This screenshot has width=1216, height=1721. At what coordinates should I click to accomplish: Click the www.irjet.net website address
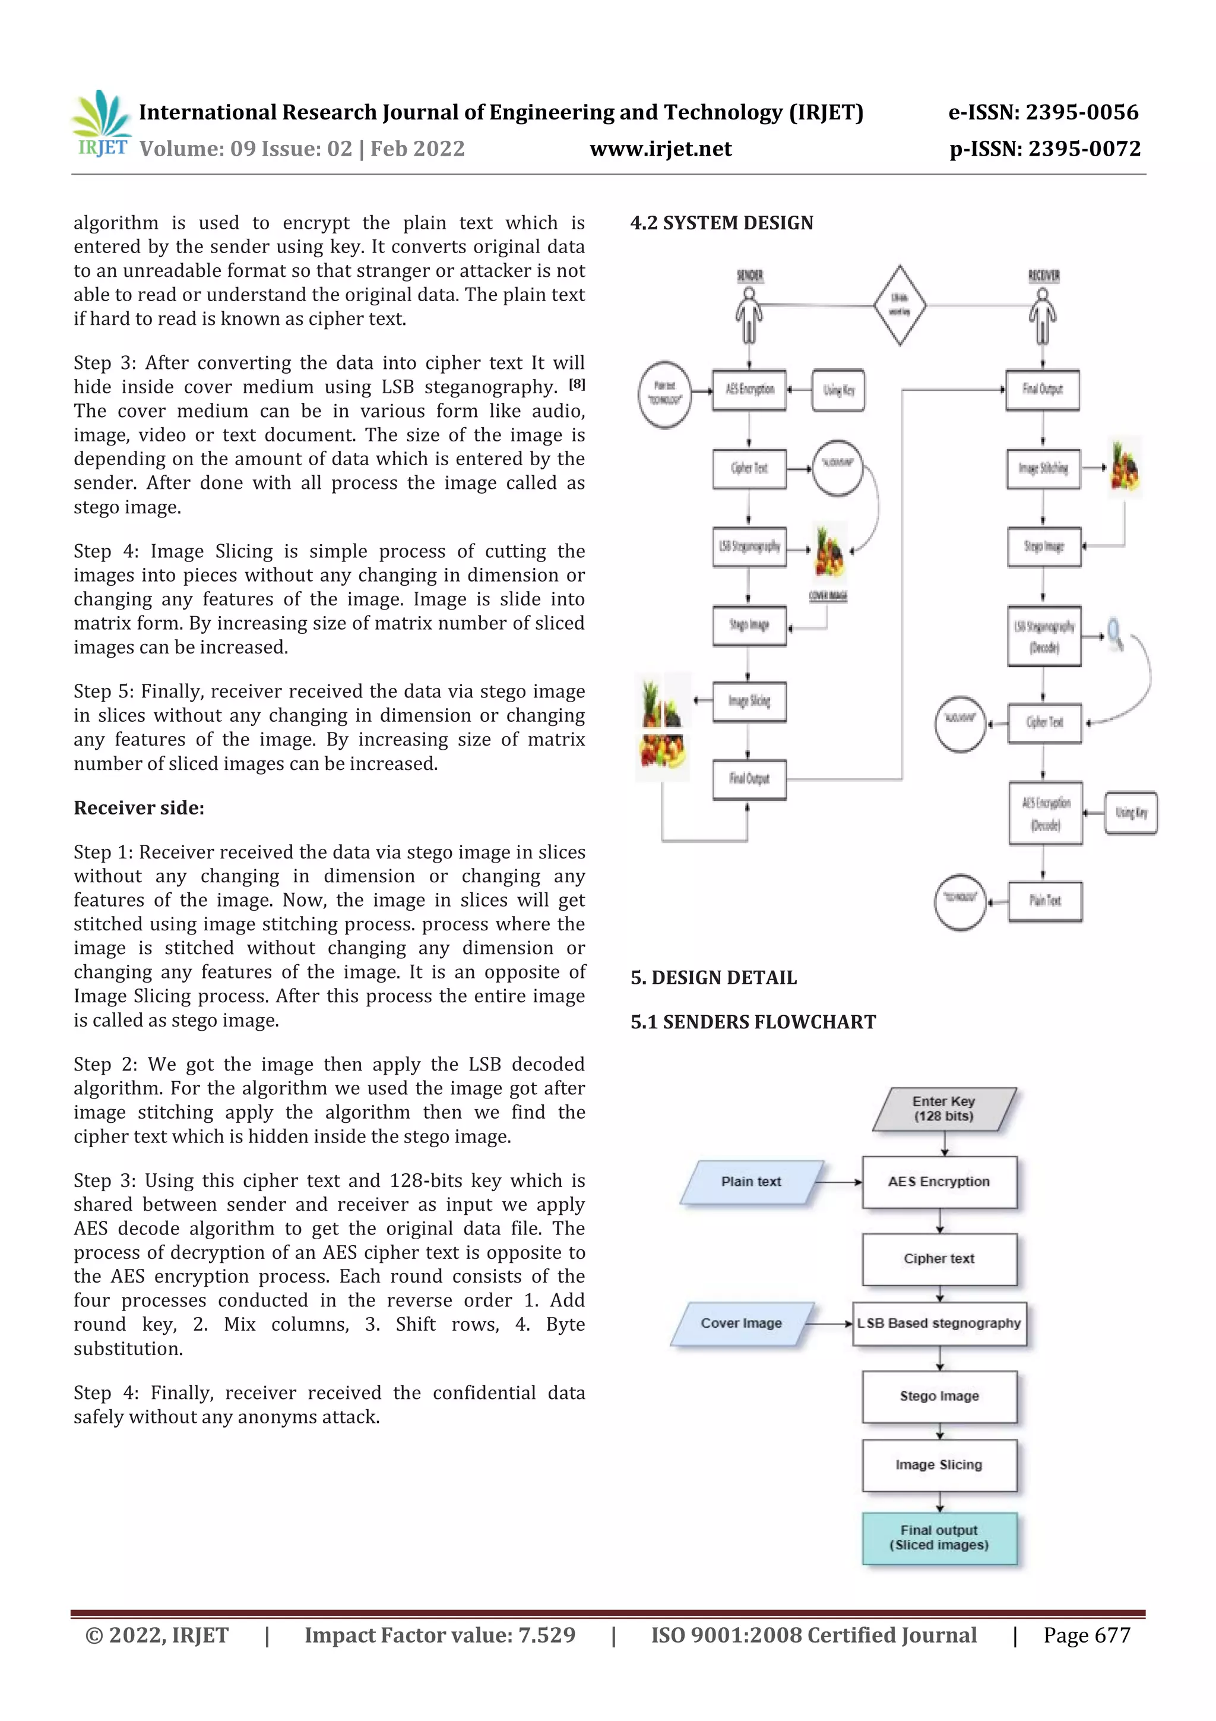tap(660, 149)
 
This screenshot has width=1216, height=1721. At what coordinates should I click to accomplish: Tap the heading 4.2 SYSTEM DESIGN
tap(721, 223)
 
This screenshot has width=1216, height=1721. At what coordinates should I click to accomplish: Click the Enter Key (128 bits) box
tap(943, 1109)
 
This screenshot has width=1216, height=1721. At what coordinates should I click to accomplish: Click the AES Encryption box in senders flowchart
tap(939, 1182)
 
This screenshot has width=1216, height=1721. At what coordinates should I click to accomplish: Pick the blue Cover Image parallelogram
tap(741, 1324)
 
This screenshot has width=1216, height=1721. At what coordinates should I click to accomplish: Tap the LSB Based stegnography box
tap(939, 1324)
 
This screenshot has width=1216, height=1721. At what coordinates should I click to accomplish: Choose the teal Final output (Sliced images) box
tap(939, 1537)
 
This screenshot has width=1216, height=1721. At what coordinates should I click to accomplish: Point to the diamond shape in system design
tap(900, 305)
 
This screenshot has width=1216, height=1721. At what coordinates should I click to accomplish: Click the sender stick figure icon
tap(749, 314)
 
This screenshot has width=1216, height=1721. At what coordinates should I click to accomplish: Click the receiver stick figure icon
tap(1042, 314)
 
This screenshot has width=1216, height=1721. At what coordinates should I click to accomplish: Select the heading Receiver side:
tap(138, 808)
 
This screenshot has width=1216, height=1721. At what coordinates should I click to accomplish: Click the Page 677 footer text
tap(1087, 1635)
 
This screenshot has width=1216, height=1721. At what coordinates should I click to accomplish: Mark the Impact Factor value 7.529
tap(440, 1635)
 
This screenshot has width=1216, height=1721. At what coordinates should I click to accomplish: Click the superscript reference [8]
tap(577, 384)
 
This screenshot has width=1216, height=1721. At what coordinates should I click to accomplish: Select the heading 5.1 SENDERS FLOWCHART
tap(753, 1022)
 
